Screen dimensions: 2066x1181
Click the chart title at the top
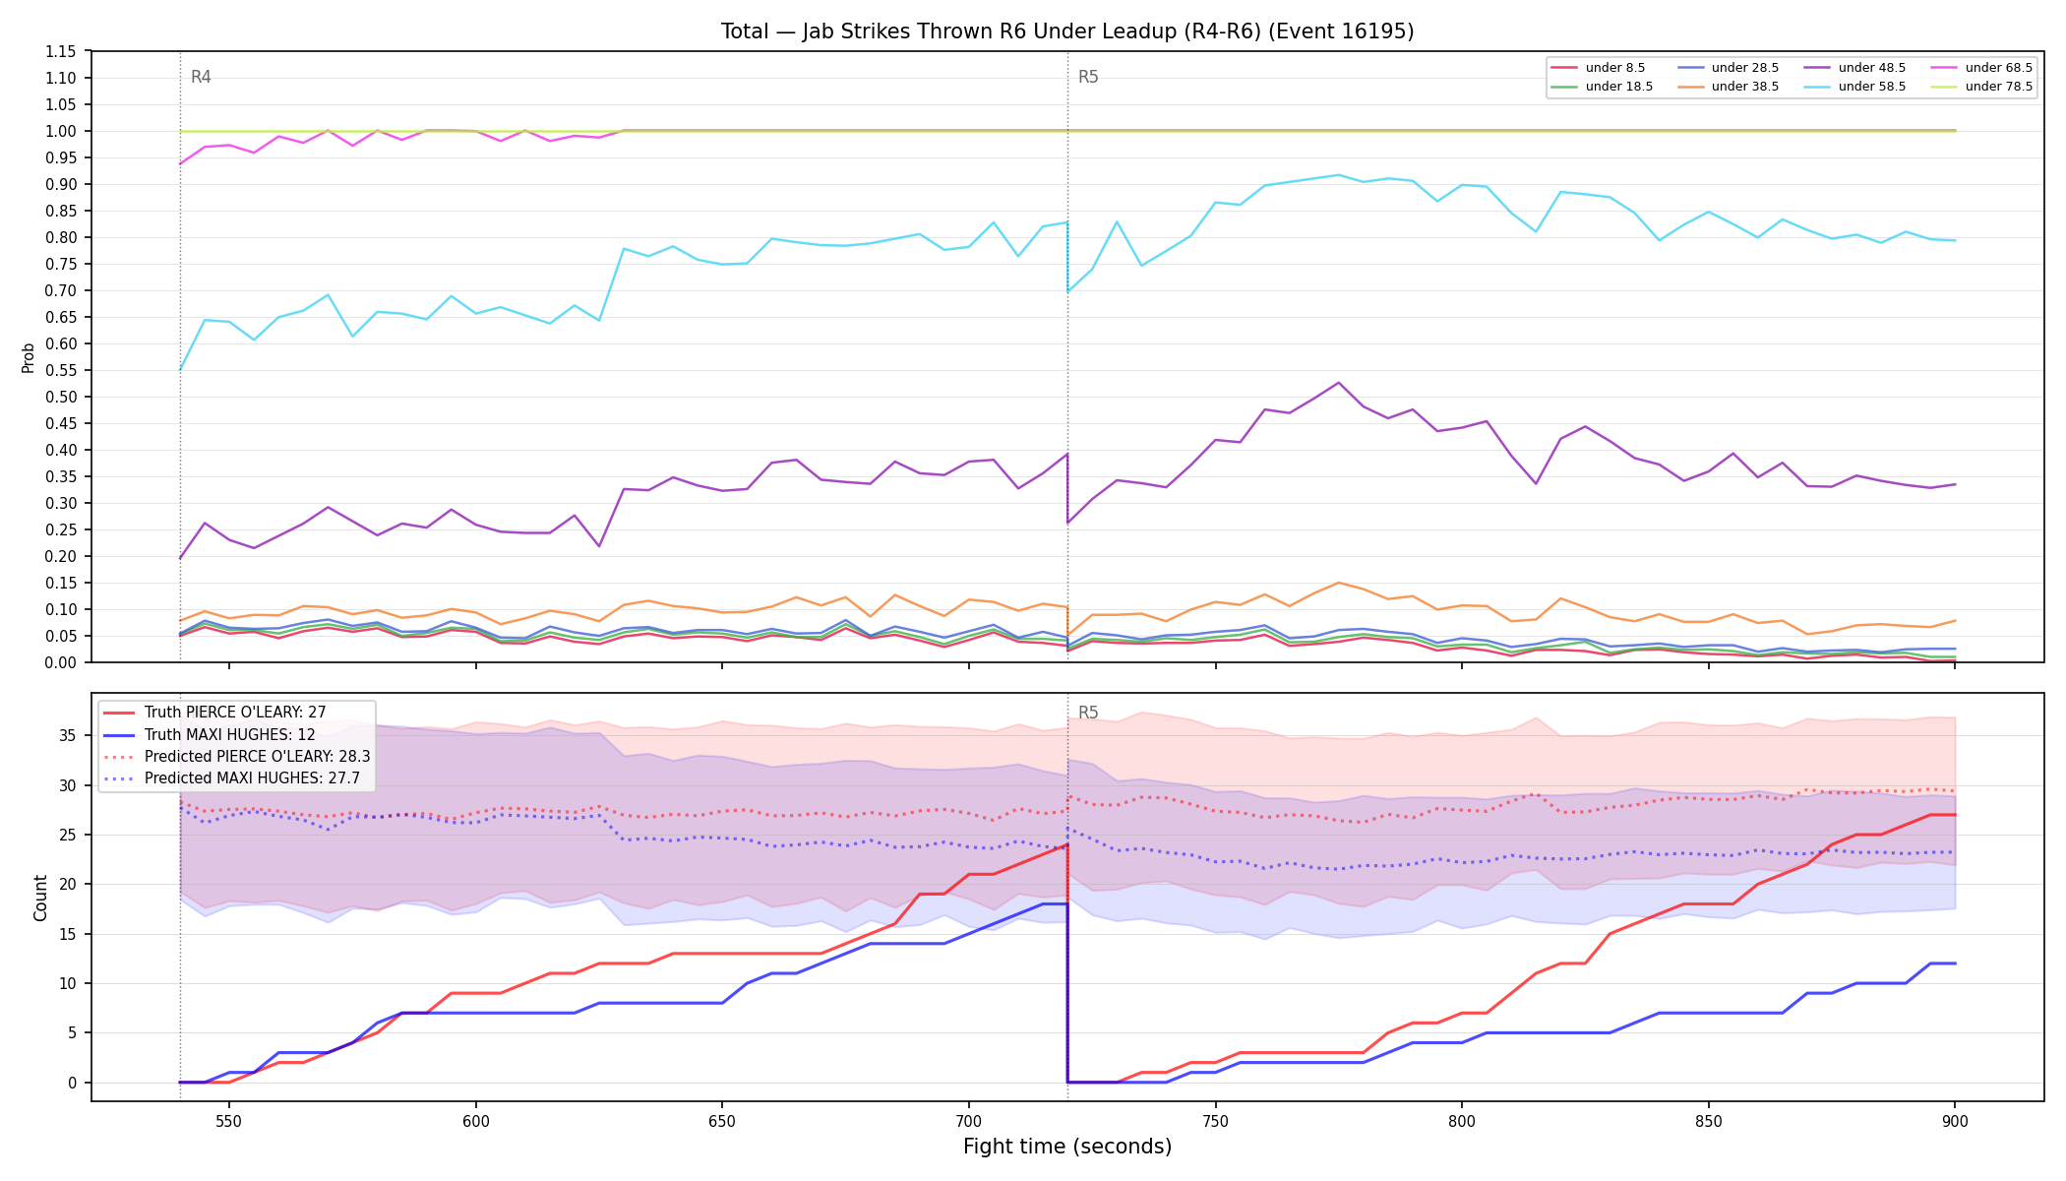[x=1067, y=31]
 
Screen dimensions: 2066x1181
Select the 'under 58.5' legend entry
[x=1854, y=87]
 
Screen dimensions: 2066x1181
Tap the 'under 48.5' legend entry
[x=1854, y=68]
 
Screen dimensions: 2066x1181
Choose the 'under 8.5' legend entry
[x=1598, y=68]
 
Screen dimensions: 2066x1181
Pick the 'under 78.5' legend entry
[x=1981, y=87]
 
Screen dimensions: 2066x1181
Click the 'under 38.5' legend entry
[x=1728, y=87]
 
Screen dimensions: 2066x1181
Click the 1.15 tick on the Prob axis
[x=61, y=51]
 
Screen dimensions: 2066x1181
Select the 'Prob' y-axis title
[x=29, y=357]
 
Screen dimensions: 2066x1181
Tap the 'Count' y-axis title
[x=40, y=898]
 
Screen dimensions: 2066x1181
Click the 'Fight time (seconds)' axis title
[x=1067, y=1147]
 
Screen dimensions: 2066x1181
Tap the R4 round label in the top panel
[x=201, y=77]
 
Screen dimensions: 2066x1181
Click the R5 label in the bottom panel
[x=1088, y=713]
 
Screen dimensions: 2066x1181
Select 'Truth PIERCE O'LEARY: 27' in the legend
[x=235, y=713]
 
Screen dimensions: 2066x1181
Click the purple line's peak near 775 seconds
[x=1338, y=383]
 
